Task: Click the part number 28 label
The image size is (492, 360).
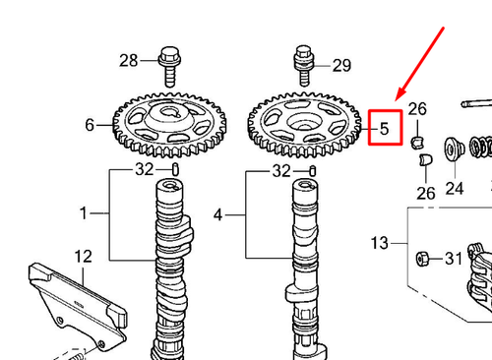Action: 129,61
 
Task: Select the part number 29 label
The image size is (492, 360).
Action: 341,66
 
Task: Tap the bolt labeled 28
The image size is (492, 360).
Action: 167,63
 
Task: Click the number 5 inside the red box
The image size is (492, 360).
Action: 385,128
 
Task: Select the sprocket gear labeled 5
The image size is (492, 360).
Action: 305,124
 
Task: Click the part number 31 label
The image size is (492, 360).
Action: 454,259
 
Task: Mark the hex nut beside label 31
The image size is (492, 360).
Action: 422,259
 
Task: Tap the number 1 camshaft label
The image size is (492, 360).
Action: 85,212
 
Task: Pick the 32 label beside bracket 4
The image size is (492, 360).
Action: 281,171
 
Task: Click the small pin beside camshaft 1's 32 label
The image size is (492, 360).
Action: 175,171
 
